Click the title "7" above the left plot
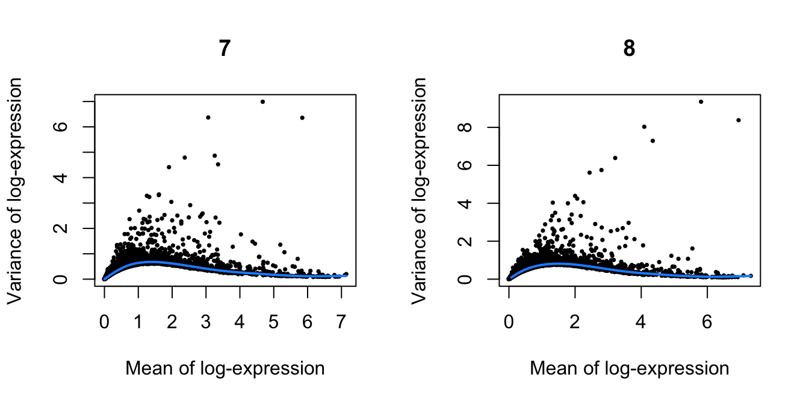[x=225, y=49]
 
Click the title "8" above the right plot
[x=629, y=49]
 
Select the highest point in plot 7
[x=262, y=102]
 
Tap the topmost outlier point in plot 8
[x=701, y=102]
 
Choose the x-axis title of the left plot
[x=225, y=368]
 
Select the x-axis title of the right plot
[x=629, y=368]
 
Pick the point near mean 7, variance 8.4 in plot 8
[x=739, y=120]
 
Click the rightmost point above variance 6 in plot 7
[x=302, y=118]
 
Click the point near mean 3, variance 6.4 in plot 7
[x=208, y=117]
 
